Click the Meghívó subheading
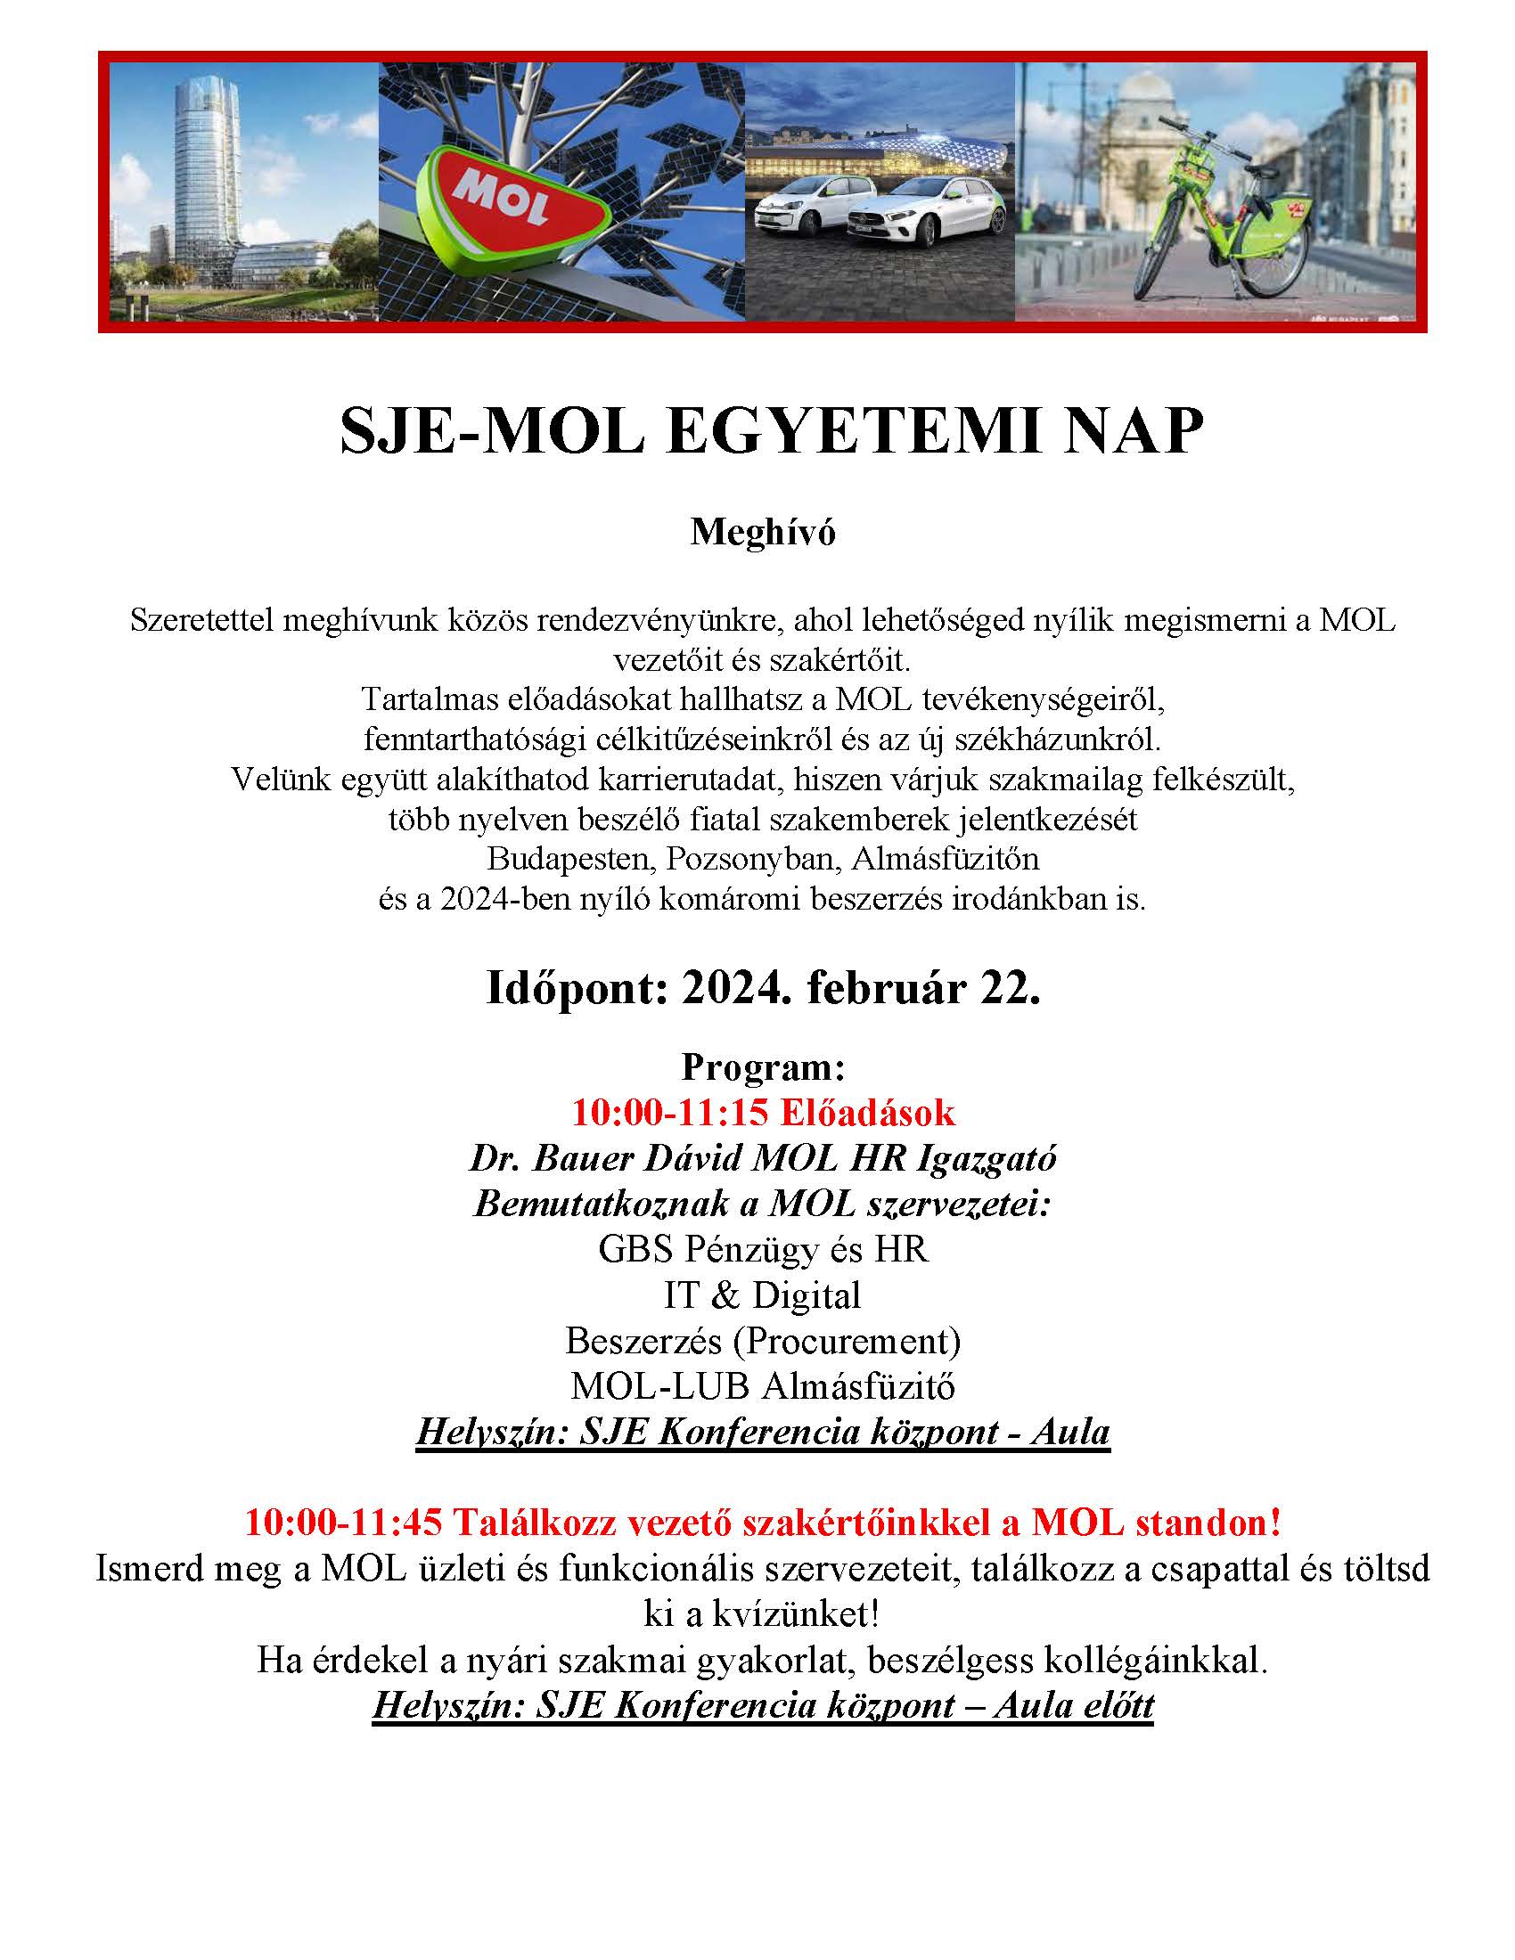[x=762, y=532]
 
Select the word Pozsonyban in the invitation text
[x=752, y=859]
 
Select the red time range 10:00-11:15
[x=670, y=1112]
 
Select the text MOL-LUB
[x=659, y=1386]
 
